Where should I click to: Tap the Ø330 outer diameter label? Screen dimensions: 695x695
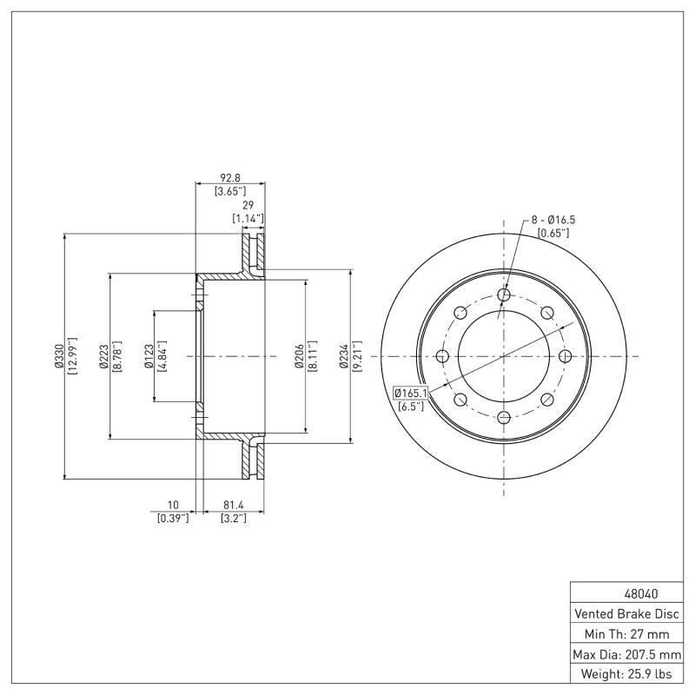[58, 356]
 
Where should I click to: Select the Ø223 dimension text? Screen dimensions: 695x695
[103, 356]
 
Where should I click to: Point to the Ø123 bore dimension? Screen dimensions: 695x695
[149, 356]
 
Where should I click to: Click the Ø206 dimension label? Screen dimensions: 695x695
[299, 356]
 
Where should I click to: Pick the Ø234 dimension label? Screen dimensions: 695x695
[343, 356]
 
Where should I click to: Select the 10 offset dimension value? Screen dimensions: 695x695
[173, 504]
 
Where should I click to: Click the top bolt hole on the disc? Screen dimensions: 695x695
[504, 295]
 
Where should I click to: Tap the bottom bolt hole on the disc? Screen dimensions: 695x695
[504, 417]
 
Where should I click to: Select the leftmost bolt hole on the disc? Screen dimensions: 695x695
[443, 356]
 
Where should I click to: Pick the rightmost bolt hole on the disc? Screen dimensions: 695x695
[565, 356]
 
